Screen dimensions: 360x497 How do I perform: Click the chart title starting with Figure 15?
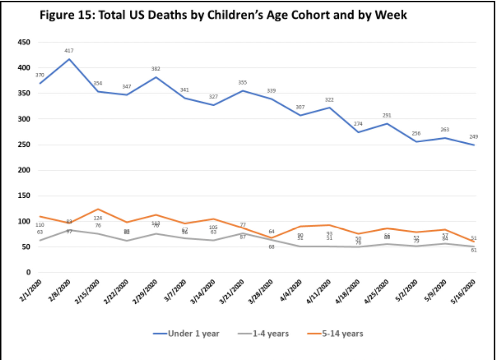(223, 15)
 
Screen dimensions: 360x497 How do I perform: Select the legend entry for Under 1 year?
(193, 333)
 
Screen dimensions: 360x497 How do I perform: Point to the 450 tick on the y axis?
(24, 42)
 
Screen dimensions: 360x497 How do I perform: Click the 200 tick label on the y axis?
(24, 170)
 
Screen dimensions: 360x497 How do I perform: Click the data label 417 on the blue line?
(69, 51)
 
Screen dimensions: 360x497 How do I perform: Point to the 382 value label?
(156, 69)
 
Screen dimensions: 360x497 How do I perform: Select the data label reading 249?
(474, 137)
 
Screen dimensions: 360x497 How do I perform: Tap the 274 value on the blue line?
(358, 124)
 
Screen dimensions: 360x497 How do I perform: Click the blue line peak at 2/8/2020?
(69, 59)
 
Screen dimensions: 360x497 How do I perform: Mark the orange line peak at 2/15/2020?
(98, 209)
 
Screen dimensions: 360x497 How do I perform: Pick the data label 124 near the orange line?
(98, 218)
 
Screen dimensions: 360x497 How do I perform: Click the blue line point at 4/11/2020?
(329, 108)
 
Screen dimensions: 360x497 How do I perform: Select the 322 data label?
(329, 100)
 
